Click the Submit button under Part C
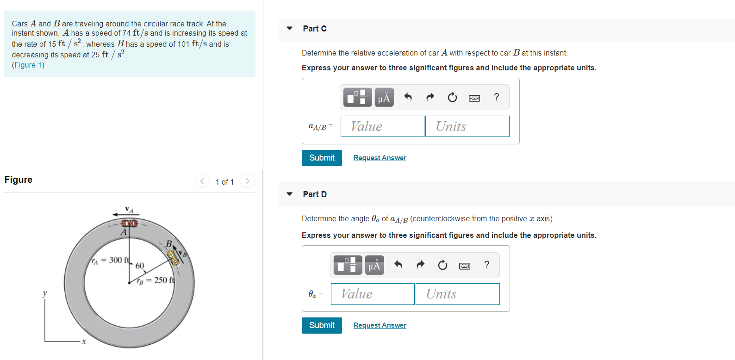[x=322, y=158]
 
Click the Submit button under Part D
[x=322, y=325]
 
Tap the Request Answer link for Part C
[x=380, y=158]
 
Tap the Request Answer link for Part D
[x=380, y=325]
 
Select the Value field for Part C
[x=382, y=126]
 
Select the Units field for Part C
[x=467, y=126]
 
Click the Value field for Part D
[x=373, y=294]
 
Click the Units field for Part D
[x=457, y=294]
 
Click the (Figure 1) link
[x=28, y=65]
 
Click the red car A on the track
[x=130, y=223]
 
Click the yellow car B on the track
[x=173, y=258]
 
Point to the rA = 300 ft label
[x=110, y=260]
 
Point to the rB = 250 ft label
[x=156, y=280]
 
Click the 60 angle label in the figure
[x=140, y=266]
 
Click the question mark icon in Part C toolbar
[x=497, y=97]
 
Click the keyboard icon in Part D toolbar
[x=464, y=266]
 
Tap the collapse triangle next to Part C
[x=290, y=29]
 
